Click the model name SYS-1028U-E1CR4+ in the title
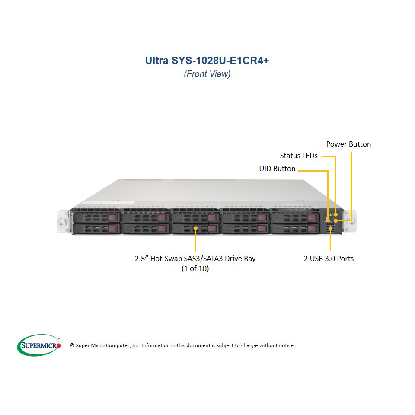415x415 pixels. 220,61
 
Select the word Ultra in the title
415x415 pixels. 156,61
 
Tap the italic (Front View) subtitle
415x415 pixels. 207,74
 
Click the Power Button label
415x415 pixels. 348,144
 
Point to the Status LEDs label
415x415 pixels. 299,156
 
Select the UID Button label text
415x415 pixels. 277,169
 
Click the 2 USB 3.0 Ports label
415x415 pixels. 329,259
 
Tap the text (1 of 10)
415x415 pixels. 195,268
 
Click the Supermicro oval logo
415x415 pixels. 38,345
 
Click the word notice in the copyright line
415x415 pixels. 287,345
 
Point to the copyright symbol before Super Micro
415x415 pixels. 72,345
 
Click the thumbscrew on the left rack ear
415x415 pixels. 61,224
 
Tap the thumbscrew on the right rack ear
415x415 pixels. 352,223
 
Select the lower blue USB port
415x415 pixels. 331,230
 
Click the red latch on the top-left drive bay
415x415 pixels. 112,218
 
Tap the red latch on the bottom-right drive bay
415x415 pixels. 312,228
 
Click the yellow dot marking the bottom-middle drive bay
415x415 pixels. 195,228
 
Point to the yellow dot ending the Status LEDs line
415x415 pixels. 335,214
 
